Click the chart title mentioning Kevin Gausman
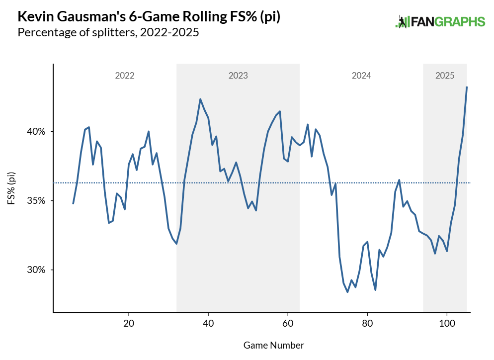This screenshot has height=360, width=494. click(149, 17)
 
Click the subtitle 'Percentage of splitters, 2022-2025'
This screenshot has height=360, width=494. click(108, 33)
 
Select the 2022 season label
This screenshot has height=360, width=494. click(125, 76)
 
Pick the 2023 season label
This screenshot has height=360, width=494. click(238, 76)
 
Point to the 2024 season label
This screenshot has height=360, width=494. click(361, 76)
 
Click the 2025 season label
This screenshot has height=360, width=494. click(445, 76)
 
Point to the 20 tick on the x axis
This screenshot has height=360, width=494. click(129, 322)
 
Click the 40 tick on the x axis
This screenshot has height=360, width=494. click(208, 322)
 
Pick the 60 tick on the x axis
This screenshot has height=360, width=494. click(288, 322)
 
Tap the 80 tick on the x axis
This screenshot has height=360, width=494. click(367, 322)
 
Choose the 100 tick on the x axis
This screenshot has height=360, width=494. click(447, 322)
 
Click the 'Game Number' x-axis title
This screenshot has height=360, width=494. click(274, 345)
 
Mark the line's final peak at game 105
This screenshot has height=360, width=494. click(467, 87)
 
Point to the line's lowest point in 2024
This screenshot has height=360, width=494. click(347, 292)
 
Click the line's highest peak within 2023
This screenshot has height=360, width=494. click(200, 99)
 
